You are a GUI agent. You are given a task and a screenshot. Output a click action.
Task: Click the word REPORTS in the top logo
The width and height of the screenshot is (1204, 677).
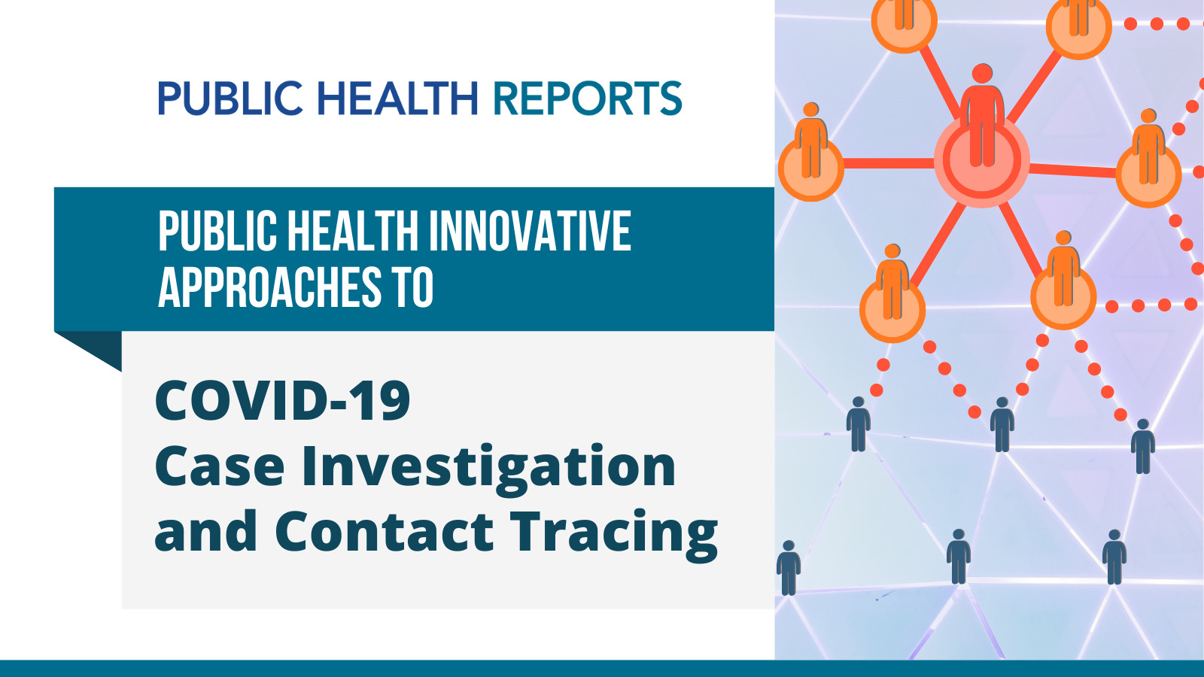pyautogui.click(x=588, y=98)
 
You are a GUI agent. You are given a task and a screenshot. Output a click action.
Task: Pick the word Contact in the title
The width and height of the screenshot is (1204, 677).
pyautogui.click(x=385, y=531)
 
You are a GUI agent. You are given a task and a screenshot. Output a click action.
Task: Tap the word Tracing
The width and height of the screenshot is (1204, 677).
pyautogui.click(x=614, y=535)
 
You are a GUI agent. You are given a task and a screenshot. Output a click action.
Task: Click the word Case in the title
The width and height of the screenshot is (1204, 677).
pyautogui.click(x=219, y=466)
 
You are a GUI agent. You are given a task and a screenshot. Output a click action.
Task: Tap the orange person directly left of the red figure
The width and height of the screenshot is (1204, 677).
pyautogui.click(x=810, y=140)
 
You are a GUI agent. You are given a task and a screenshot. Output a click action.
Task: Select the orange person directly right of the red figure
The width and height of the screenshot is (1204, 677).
pyautogui.click(x=1148, y=146)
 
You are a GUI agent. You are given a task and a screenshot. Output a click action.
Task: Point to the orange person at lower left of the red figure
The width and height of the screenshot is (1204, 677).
pyautogui.click(x=892, y=281)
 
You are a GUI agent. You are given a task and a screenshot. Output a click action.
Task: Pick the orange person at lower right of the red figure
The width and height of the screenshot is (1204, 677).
pyautogui.click(x=1063, y=269)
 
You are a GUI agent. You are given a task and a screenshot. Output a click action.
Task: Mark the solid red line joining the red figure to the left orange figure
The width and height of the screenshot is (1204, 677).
pyautogui.click(x=889, y=163)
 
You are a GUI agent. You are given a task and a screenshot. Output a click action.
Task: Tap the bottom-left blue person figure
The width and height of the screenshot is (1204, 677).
pyautogui.click(x=789, y=568)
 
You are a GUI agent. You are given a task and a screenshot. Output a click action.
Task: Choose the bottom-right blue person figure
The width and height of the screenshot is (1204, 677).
pyautogui.click(x=1114, y=557)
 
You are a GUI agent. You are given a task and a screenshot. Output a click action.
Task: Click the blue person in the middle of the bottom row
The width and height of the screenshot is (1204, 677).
pyautogui.click(x=959, y=557)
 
